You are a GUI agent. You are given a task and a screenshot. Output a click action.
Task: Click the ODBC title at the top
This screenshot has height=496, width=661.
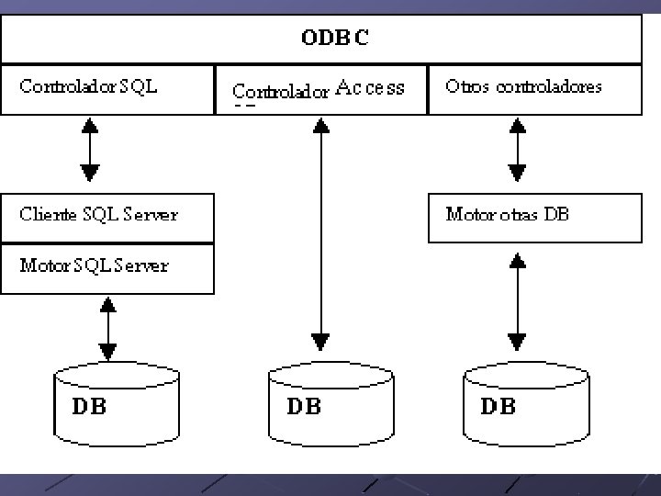click(335, 39)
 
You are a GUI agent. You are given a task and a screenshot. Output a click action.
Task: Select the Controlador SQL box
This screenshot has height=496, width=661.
click(107, 89)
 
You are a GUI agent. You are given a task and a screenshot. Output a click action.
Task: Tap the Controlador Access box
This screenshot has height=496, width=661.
click(321, 90)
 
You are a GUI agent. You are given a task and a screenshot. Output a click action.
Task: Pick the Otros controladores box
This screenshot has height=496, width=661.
click(535, 89)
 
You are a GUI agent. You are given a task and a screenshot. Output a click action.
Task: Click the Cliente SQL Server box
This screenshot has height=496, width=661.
click(107, 217)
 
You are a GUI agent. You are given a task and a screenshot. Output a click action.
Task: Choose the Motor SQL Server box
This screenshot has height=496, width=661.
click(107, 268)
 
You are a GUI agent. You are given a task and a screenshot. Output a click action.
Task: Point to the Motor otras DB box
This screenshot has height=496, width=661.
click(535, 217)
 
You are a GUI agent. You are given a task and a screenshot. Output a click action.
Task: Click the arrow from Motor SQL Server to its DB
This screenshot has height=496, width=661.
click(108, 327)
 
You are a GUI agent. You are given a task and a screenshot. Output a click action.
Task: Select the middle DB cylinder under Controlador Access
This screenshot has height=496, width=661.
click(330, 403)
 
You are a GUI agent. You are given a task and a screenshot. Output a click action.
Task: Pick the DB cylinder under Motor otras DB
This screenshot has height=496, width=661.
click(526, 403)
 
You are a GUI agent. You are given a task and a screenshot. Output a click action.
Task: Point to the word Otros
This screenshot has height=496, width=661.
click(465, 87)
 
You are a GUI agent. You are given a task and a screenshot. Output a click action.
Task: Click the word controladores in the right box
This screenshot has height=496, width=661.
click(549, 87)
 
